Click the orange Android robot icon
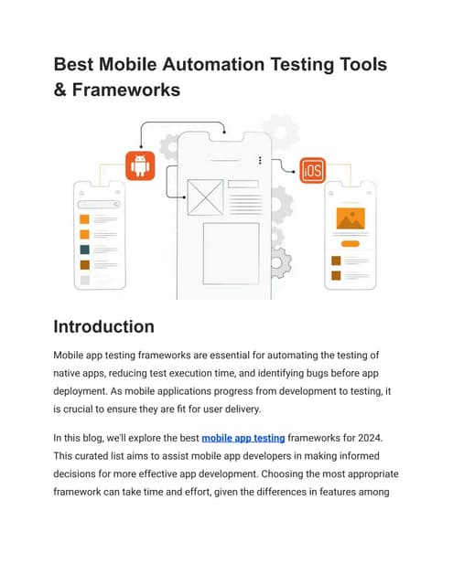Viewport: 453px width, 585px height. (x=140, y=166)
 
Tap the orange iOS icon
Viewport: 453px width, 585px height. (x=313, y=171)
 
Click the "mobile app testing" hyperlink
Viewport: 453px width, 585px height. (x=243, y=438)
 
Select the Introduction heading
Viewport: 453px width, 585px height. (x=103, y=326)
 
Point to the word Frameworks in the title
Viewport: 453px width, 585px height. (x=126, y=90)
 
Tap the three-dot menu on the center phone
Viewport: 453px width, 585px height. (x=260, y=160)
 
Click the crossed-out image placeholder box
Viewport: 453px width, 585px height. (x=205, y=197)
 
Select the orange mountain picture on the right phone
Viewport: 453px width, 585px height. (x=351, y=218)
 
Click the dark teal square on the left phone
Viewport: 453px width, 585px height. (x=85, y=250)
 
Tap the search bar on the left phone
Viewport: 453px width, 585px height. (x=99, y=205)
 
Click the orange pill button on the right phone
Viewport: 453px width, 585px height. (x=351, y=244)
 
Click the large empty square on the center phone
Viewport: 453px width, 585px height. (x=232, y=254)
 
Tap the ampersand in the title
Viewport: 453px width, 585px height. (x=59, y=90)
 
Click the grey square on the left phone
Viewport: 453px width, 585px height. (x=85, y=281)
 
